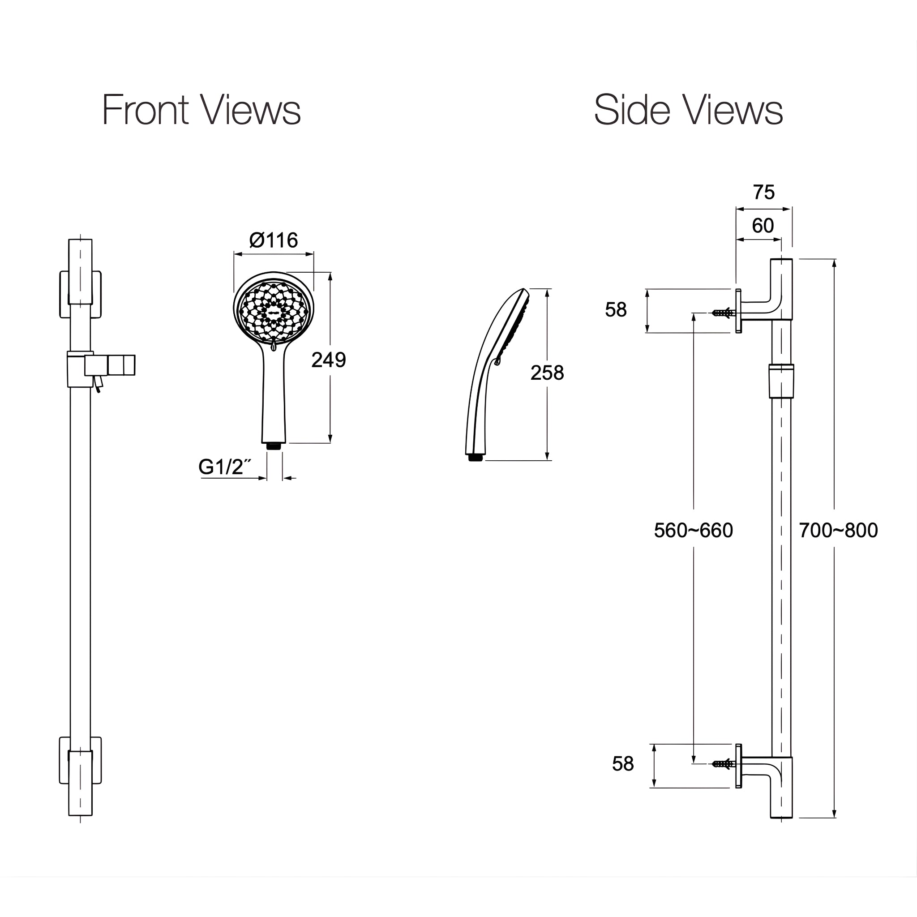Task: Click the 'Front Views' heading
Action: click(x=201, y=110)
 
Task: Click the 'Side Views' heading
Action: click(x=688, y=110)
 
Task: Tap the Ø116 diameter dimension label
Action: click(x=274, y=240)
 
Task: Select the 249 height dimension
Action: click(x=329, y=360)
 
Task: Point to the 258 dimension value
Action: click(x=547, y=373)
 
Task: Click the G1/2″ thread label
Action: click(x=224, y=467)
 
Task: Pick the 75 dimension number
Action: click(x=764, y=192)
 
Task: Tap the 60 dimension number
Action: click(x=763, y=226)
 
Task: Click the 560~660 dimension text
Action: click(x=694, y=530)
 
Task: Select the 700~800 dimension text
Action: click(x=838, y=530)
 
